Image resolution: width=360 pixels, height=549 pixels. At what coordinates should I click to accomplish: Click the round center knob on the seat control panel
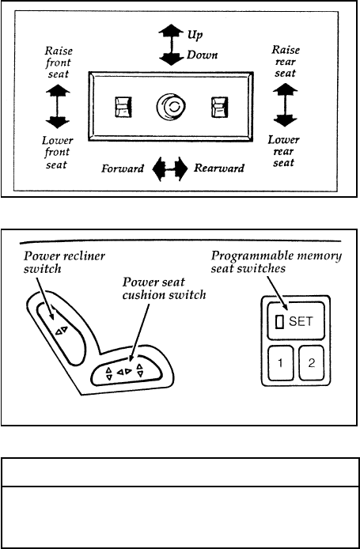170,107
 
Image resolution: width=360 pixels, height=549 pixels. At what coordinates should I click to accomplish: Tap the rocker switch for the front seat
122,107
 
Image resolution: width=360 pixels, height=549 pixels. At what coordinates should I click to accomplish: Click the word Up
195,35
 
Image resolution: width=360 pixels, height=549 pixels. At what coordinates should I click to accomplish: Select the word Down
202,55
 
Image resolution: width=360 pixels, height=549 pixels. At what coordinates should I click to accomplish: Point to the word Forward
123,168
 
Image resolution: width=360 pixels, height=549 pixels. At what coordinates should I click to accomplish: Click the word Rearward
219,168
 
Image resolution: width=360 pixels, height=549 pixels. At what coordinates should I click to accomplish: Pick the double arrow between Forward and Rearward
170,168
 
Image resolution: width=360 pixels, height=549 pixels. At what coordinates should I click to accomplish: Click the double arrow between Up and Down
171,44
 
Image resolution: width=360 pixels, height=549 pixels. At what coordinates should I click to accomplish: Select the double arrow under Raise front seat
58,107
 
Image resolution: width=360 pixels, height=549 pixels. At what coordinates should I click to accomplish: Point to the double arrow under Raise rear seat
285,104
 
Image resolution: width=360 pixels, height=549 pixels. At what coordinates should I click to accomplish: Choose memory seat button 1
281,363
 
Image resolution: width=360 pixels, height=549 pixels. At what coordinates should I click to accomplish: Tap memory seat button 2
311,363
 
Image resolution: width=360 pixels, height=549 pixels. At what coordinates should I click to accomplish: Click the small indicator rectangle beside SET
280,322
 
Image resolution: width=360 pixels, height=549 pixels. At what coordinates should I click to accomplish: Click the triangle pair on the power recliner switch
61,331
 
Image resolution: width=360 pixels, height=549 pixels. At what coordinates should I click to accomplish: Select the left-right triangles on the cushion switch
124,372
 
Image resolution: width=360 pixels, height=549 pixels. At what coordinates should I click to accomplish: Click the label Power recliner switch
64,263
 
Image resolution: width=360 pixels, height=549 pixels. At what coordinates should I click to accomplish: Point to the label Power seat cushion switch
164,289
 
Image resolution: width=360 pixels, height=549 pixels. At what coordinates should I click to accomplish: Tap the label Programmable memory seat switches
276,261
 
